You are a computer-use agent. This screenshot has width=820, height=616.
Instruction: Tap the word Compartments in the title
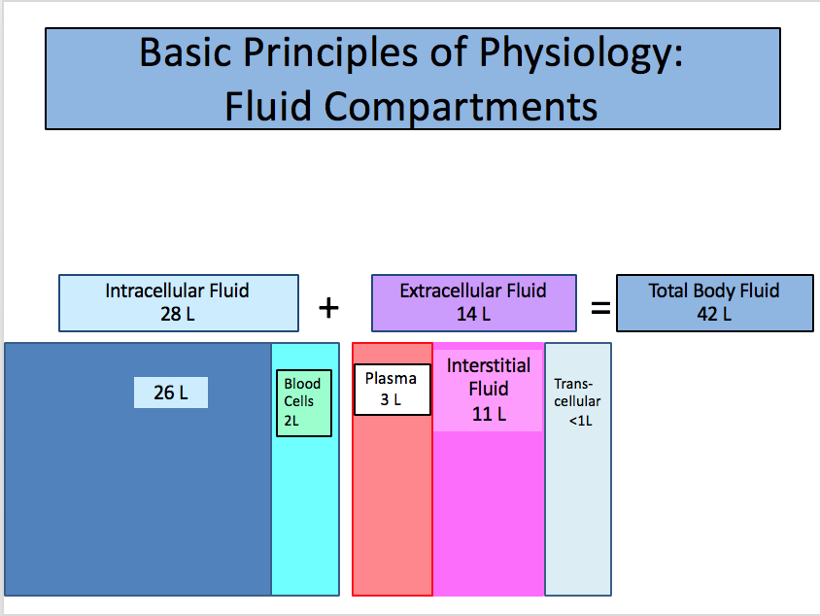point(461,106)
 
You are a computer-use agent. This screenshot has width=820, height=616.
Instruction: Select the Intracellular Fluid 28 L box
point(178,302)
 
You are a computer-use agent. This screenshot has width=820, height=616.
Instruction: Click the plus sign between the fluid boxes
point(329,308)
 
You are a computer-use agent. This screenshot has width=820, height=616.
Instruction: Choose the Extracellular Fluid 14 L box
point(473,302)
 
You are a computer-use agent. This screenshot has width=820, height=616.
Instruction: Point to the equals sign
point(600,309)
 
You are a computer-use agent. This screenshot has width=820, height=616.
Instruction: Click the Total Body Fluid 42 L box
point(714,302)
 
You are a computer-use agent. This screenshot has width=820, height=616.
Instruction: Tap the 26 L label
point(171,393)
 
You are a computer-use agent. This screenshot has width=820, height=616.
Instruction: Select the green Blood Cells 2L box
point(304,402)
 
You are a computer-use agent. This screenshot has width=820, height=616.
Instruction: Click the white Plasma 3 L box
point(392,389)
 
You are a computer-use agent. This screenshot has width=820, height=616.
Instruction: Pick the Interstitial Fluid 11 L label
point(488,390)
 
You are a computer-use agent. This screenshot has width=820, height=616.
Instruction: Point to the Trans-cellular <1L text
point(577,401)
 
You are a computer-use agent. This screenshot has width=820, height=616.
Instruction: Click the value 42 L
point(714,314)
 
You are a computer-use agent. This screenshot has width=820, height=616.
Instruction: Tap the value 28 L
point(178,314)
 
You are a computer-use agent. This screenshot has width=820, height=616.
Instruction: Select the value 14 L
point(473,314)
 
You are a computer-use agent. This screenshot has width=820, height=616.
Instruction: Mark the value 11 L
point(489,413)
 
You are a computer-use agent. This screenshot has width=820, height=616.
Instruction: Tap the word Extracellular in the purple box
point(449,291)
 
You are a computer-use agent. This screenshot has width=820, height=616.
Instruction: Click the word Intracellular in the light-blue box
point(154,291)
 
